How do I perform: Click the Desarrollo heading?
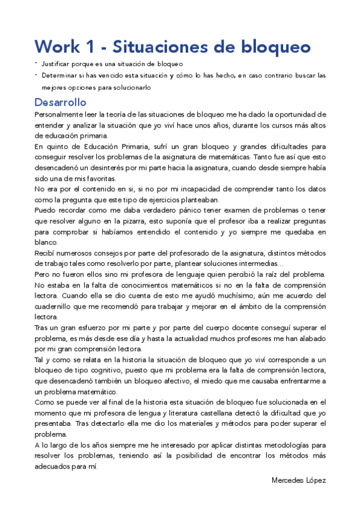[60, 102]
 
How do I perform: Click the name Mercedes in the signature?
[288, 480]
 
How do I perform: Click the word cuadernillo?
[56, 307]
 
